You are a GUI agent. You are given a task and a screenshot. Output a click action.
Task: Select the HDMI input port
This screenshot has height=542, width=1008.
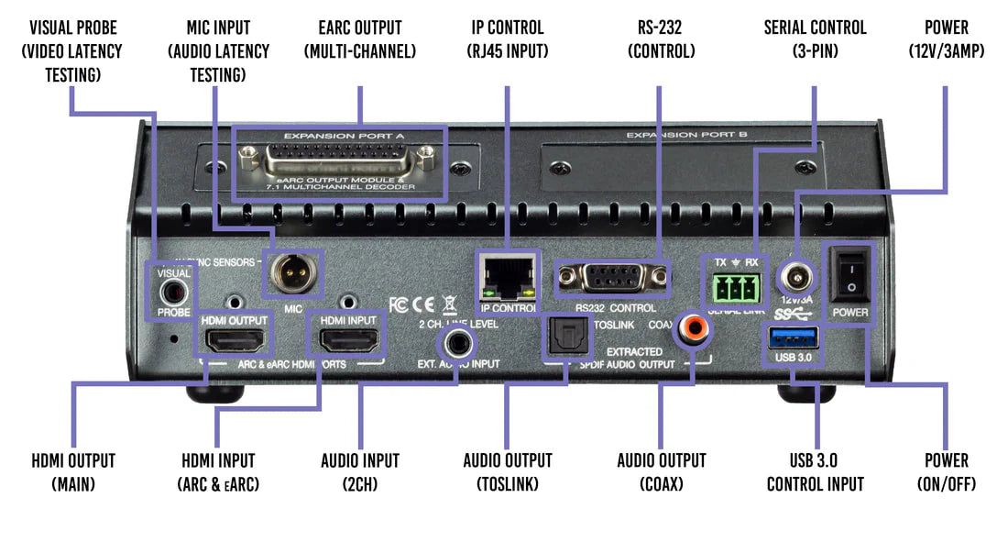coord(348,341)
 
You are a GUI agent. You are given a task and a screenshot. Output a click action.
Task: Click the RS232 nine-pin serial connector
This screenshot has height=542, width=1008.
coord(611,276)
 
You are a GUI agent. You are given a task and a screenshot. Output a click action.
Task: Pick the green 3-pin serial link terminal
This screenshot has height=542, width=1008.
coord(732,292)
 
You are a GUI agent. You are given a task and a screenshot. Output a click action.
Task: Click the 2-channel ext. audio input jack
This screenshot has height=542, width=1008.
coord(457,343)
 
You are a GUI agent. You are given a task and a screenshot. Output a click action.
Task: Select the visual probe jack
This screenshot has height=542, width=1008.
coord(173,292)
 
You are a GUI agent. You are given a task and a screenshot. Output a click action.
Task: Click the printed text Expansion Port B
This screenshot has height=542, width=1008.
coord(686,135)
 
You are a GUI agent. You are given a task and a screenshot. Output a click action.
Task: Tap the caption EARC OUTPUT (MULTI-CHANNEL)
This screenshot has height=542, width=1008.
coord(360,39)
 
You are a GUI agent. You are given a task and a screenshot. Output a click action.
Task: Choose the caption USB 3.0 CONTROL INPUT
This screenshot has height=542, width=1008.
coord(815,471)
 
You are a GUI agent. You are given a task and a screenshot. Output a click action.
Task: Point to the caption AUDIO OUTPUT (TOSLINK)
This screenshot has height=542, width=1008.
coord(508,471)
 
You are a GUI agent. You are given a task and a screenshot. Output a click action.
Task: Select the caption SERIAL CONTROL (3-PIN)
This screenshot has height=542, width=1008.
coord(815,39)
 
